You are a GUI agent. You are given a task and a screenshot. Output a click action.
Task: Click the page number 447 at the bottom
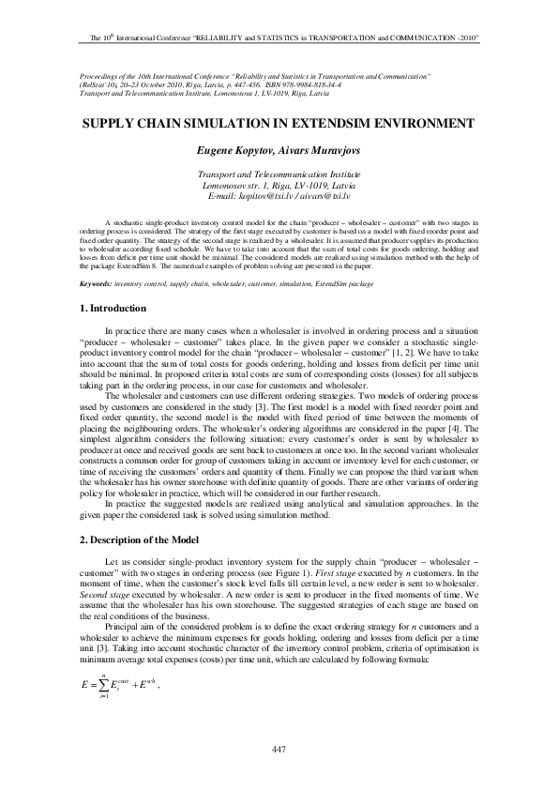click(x=279, y=748)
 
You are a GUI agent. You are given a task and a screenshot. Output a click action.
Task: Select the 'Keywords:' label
click(x=95, y=282)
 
